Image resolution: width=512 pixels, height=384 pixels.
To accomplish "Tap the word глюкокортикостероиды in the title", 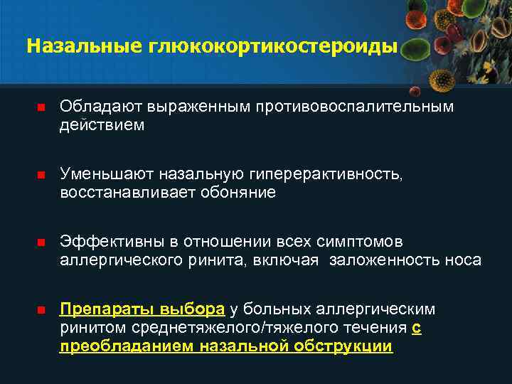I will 272,46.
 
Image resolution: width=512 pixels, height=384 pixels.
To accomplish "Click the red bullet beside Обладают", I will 41,107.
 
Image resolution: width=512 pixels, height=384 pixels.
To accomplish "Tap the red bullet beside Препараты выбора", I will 41,311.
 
